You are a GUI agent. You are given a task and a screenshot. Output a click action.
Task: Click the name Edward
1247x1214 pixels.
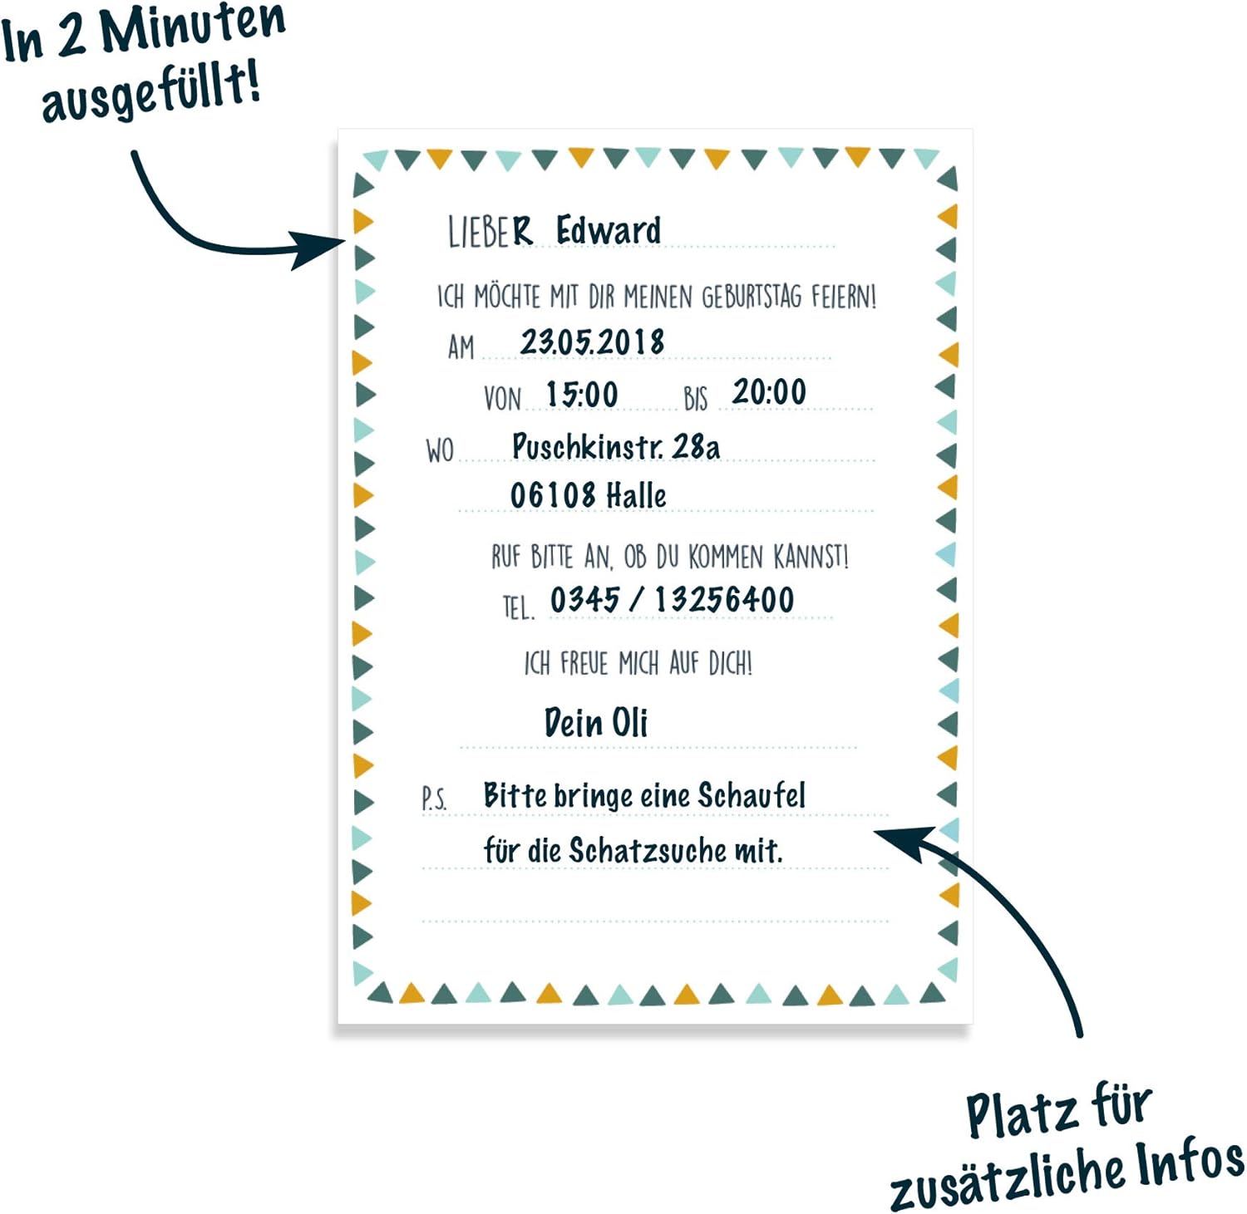pos(608,230)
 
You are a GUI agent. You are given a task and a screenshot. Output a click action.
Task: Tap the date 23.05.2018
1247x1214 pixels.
pos(592,342)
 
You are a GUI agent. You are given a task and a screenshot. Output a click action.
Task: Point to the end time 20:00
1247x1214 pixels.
pos(769,392)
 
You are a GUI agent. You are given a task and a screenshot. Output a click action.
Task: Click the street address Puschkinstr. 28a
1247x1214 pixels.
pos(615,447)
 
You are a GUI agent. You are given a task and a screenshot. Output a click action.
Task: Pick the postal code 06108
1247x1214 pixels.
pos(553,495)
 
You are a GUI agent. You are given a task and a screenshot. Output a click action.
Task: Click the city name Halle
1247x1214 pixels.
pos(636,496)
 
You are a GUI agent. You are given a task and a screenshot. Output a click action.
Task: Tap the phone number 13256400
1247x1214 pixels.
pos(724,600)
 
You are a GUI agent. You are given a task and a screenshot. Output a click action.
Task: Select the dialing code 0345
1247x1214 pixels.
pos(585,599)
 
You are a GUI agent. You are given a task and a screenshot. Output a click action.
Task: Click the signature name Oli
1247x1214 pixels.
pos(629,722)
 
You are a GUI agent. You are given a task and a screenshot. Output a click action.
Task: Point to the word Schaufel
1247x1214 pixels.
pos(752,795)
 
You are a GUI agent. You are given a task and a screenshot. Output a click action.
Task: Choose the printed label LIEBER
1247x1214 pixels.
pos(489,232)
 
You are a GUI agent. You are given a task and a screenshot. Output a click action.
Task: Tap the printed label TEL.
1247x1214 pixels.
pos(517,608)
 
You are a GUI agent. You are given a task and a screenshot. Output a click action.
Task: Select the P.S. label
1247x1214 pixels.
pos(434,799)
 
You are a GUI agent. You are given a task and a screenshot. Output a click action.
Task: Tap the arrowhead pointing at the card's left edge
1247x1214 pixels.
pos(320,248)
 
